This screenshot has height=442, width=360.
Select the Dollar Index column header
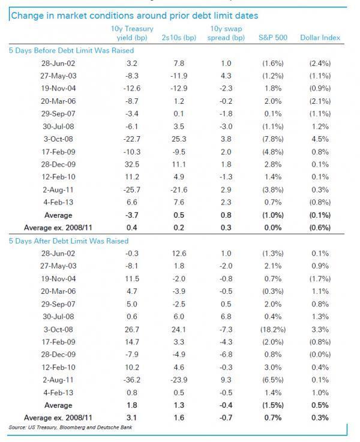320,38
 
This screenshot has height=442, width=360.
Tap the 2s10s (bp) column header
180,38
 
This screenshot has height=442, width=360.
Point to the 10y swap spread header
228,33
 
